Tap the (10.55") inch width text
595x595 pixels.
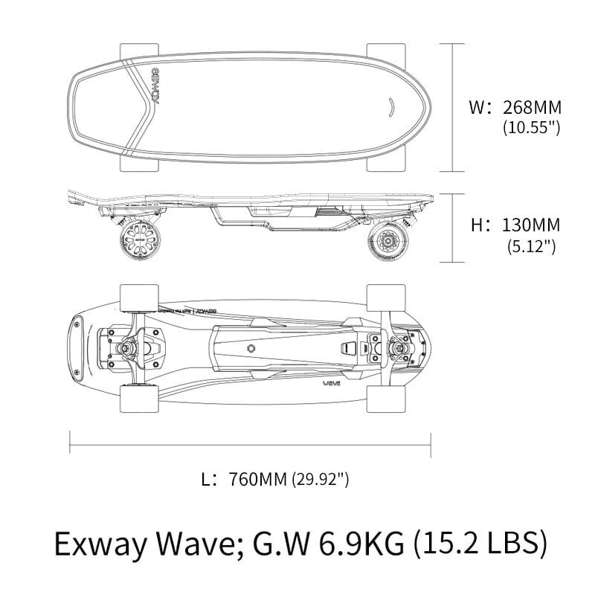coord(531,127)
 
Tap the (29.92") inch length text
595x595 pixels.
coord(321,480)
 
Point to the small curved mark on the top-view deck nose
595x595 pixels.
coord(390,106)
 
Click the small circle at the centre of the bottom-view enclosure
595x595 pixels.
coord(251,348)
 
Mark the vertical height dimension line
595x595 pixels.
coord(453,228)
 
